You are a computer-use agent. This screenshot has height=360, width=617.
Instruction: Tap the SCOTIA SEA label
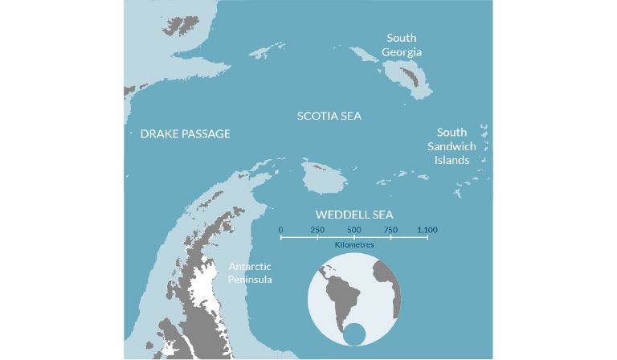click(x=329, y=117)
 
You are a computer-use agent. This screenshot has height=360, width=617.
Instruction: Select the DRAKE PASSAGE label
click(x=185, y=134)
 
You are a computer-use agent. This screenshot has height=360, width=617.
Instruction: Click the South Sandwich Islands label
click(x=456, y=146)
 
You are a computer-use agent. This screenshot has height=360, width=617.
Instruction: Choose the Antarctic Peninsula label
click(x=251, y=273)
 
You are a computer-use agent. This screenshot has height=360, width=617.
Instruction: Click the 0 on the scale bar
click(x=280, y=231)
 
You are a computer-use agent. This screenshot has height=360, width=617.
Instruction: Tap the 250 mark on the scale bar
click(x=317, y=231)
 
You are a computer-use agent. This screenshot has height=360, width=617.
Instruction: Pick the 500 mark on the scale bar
click(x=354, y=231)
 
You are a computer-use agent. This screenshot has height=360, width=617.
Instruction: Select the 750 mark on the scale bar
click(x=390, y=231)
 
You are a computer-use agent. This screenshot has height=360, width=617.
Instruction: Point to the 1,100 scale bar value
click(x=427, y=231)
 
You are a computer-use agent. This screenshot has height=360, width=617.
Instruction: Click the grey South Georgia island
click(x=405, y=77)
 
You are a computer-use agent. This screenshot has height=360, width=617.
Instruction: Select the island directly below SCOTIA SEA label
click(x=319, y=178)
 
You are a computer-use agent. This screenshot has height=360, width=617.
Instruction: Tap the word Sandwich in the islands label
click(x=456, y=146)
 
